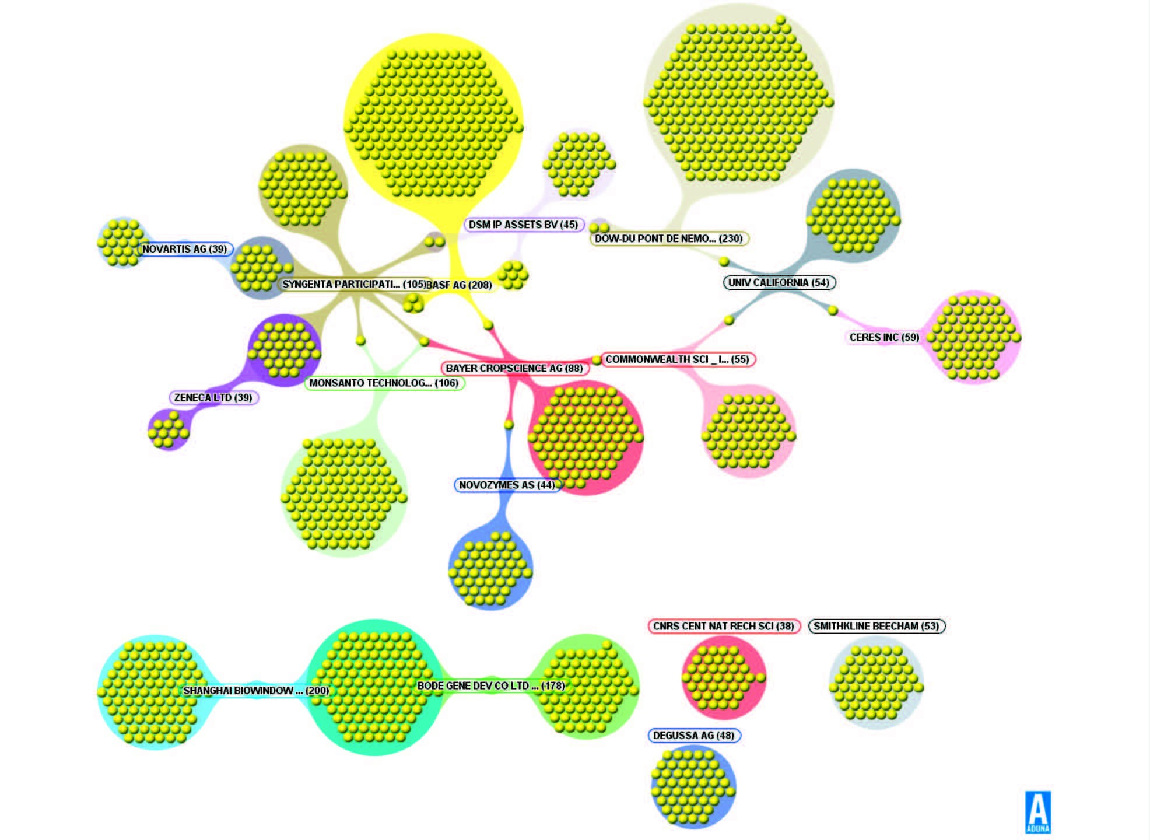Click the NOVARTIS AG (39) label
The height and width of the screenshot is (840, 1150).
[184, 249]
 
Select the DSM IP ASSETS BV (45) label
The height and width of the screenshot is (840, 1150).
[523, 225]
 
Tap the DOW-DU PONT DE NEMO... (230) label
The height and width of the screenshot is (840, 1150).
[668, 239]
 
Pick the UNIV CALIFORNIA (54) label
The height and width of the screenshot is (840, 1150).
[779, 282]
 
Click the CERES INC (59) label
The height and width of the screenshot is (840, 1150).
[883, 337]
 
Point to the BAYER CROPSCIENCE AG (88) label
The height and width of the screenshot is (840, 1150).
[514, 368]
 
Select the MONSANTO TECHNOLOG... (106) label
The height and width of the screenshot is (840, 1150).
[384, 383]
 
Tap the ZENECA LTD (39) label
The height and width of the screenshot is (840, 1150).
[213, 398]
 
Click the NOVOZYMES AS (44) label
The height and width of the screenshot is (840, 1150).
[506, 485]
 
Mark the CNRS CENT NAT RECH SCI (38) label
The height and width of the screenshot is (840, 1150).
[723, 626]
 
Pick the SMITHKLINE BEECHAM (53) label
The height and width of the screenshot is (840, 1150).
[876, 626]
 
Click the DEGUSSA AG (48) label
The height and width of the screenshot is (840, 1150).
[693, 736]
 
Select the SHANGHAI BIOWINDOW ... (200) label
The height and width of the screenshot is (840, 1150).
[256, 691]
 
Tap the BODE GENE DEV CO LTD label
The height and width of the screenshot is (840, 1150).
[490, 685]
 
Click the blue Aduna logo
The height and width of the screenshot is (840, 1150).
[1037, 811]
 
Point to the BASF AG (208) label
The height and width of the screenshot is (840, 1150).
[459, 285]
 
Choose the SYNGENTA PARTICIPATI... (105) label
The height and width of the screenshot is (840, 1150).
[353, 284]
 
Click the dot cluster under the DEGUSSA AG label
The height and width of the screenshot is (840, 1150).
[693, 786]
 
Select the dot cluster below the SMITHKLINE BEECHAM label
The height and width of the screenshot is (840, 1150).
[876, 682]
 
